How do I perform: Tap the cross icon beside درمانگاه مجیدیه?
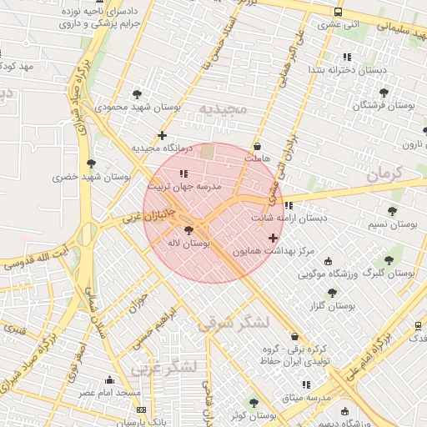[162, 134]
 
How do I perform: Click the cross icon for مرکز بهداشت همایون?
[273, 238]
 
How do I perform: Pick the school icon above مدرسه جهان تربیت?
[183, 173]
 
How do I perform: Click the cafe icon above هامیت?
[257, 147]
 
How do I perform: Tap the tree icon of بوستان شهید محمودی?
[137, 94]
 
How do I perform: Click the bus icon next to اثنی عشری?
[338, 13]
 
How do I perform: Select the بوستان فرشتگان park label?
[383, 106]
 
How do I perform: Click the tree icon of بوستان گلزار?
[332, 293]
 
